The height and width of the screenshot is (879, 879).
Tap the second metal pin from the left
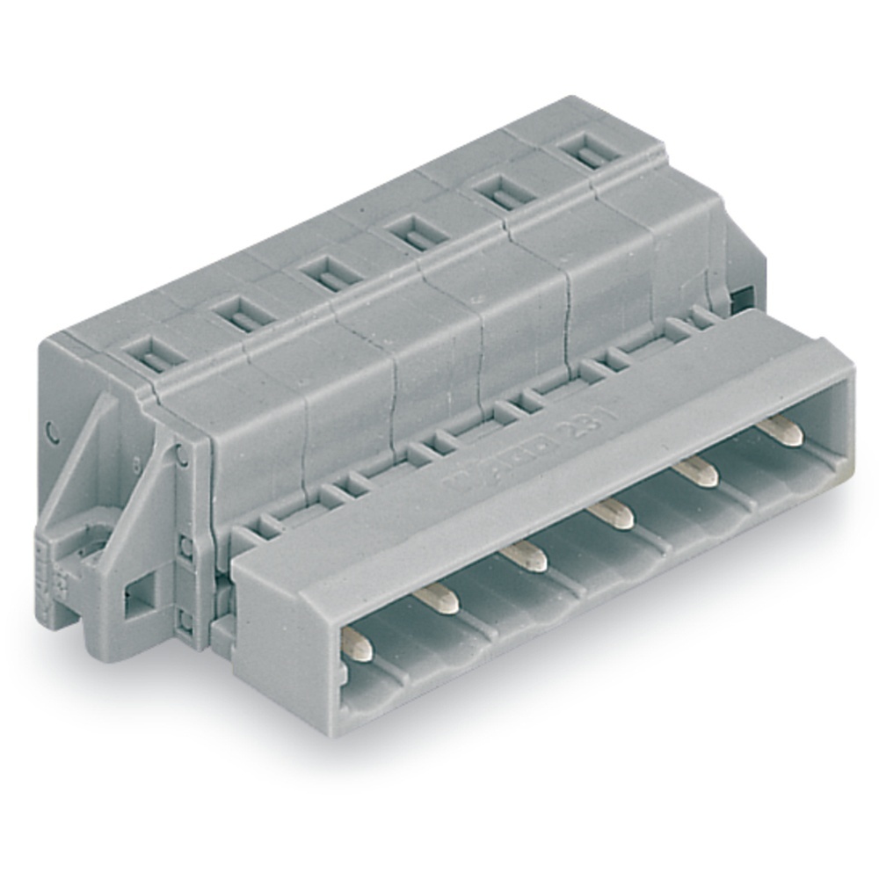(437, 599)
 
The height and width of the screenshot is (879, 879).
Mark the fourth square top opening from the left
(412, 233)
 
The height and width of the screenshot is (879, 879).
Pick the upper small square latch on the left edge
(185, 548)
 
